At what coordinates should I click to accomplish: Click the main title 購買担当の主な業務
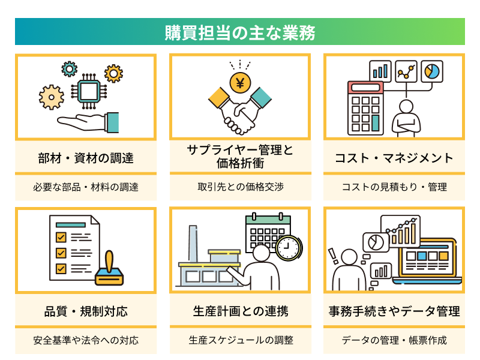240,32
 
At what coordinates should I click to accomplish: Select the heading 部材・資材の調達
86,158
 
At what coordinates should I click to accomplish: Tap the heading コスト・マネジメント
394,158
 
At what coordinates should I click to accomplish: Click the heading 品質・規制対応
86,311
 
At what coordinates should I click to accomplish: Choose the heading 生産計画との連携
240,311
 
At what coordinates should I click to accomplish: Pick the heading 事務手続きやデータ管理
394,311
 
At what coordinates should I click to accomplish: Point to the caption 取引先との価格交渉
240,187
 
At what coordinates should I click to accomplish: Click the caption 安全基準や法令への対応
86,340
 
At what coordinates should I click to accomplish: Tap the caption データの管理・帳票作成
394,340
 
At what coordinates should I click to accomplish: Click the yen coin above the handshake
240,83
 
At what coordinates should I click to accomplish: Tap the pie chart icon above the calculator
431,71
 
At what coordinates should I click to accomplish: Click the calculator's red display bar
365,87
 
